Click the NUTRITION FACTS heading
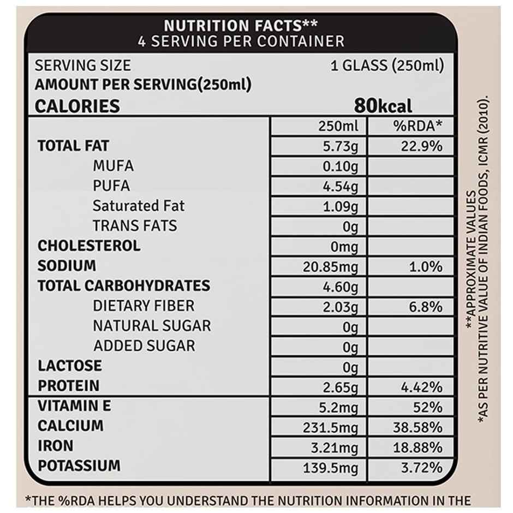pyautogui.click(x=241, y=25)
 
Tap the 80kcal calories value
pyautogui.click(x=383, y=105)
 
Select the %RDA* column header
pyautogui.click(x=417, y=126)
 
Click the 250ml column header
pyautogui.click(x=338, y=126)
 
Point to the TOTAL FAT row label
pyautogui.click(x=73, y=146)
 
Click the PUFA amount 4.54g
pyautogui.click(x=341, y=187)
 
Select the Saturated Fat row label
pyautogui.click(x=139, y=206)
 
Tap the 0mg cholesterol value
pyautogui.click(x=344, y=247)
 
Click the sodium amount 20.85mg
pyautogui.click(x=331, y=267)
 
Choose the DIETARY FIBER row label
pyautogui.click(x=144, y=306)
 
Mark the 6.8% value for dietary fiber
pyautogui.click(x=426, y=307)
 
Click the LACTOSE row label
pyautogui.click(x=69, y=366)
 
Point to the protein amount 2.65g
pyautogui.click(x=341, y=387)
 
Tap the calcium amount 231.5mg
pyautogui.click(x=331, y=427)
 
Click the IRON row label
pyautogui.click(x=55, y=446)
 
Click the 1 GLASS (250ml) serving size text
pyautogui.click(x=387, y=66)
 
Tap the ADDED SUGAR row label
pyautogui.click(x=144, y=345)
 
